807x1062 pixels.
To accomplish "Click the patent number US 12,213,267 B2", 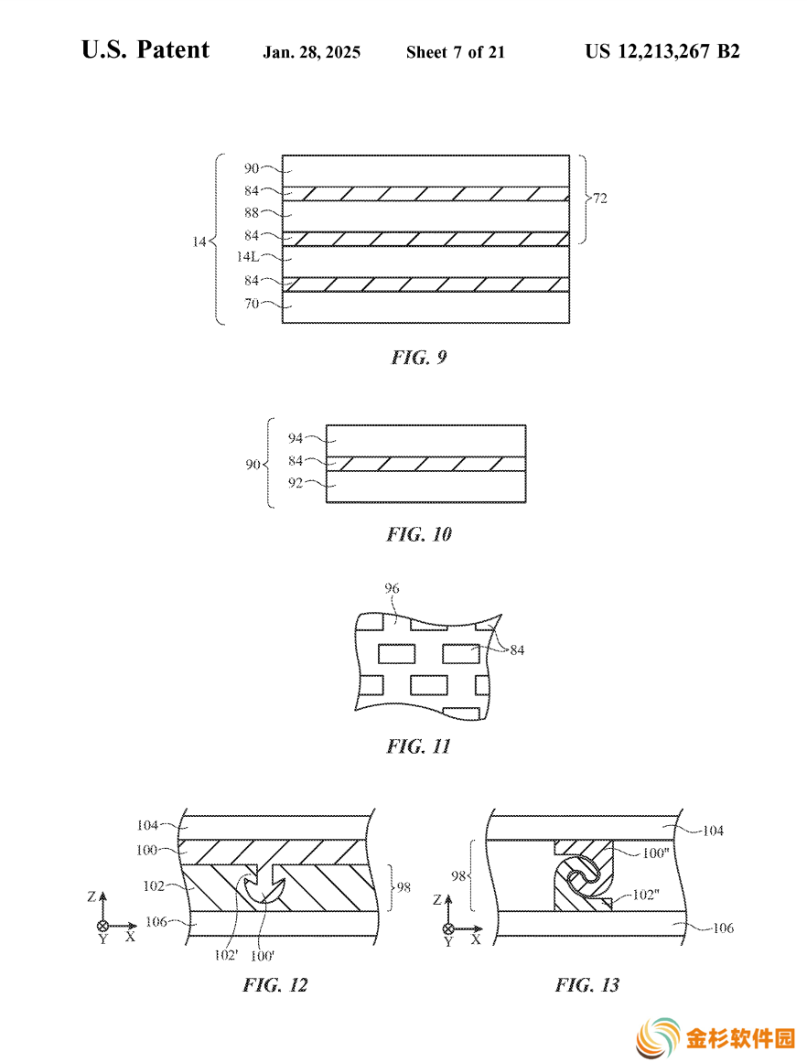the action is [662, 51].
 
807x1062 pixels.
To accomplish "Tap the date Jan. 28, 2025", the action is [312, 52].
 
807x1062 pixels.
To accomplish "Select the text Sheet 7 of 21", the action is [456, 52].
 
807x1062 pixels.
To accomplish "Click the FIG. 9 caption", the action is [419, 357].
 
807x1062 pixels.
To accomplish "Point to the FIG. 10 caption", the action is [419, 534].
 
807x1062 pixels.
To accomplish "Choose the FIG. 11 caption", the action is [418, 746].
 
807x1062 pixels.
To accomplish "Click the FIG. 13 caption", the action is [586, 985].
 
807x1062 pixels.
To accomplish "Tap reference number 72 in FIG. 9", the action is [599, 198].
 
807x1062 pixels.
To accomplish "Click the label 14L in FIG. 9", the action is [248, 257].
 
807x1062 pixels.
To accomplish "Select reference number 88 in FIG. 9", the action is [252, 212].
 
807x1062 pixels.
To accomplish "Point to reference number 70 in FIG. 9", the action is [252, 304].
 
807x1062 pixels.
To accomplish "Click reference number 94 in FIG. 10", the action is [296, 438].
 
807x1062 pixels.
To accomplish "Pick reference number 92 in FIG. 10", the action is [296, 483].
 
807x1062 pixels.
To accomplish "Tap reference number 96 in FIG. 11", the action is [392, 588].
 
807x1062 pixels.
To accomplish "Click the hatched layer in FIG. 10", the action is [426, 464].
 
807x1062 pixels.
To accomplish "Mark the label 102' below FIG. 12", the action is [226, 955].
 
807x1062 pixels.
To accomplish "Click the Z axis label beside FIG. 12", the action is [91, 896].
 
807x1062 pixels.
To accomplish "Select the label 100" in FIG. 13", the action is [655, 853].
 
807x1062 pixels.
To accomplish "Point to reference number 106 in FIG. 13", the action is [723, 928].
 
